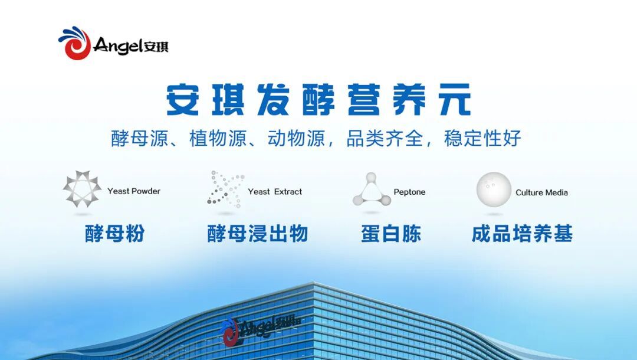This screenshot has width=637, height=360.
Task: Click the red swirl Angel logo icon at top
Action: pos(74,44)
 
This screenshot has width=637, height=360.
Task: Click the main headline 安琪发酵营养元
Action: pos(318,100)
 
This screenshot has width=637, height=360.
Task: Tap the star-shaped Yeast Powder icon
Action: pos(82,189)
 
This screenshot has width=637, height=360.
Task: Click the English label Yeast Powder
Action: pos(134,191)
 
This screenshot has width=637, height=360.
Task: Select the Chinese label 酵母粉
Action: pos(114,234)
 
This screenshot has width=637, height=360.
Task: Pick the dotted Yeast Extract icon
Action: pos(226,188)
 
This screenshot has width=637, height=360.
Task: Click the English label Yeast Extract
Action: pos(275,192)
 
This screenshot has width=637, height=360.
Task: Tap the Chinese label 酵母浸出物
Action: pos(258,234)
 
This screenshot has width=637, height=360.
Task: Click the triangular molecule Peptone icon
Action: pos(372,190)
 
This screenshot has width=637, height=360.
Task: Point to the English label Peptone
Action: pos(409,192)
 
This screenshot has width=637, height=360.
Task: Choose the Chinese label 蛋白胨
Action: pos(391,234)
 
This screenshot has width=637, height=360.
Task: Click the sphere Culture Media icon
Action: pos(494,189)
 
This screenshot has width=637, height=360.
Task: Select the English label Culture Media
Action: pos(541,192)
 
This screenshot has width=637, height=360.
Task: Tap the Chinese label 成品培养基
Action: pos(522,234)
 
